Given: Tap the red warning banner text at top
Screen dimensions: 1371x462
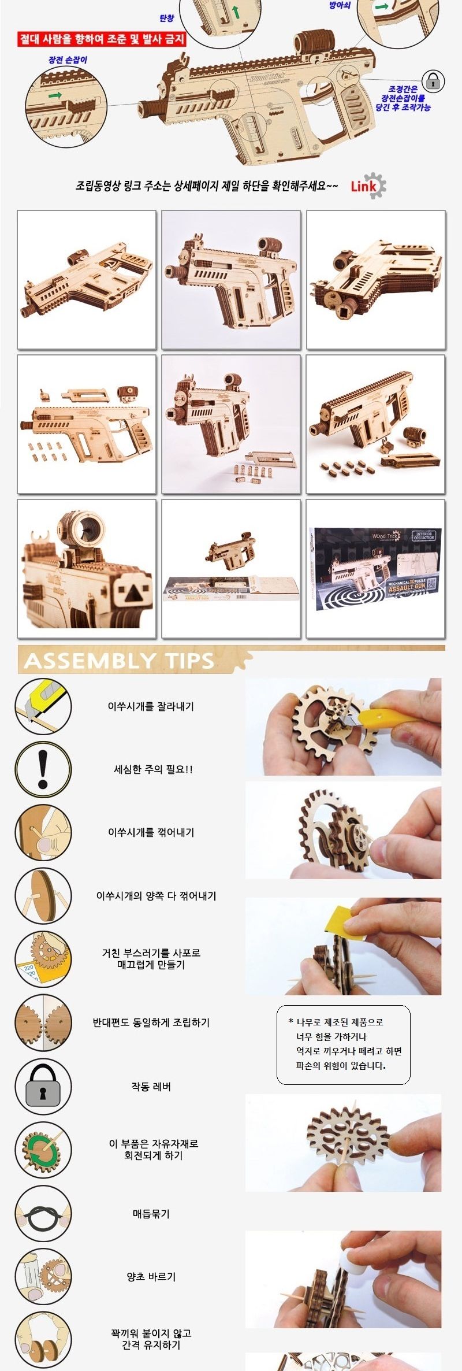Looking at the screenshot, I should point(102,39).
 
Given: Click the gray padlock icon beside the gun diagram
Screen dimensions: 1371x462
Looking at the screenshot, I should point(433,81).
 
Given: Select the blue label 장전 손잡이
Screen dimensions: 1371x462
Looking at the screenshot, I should point(68,60).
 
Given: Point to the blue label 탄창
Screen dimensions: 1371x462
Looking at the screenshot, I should point(166,18).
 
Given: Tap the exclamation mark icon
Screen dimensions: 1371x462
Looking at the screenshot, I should point(43,769).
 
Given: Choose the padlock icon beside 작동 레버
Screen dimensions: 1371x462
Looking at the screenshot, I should point(43,1086).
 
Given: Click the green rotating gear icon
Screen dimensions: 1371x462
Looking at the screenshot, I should point(43,1150).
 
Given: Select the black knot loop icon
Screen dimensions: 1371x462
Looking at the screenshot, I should point(43,1213).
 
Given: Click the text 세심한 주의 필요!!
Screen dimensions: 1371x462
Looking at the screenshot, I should point(153,769).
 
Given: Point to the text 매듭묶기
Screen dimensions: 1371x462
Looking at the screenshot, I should point(151,1214).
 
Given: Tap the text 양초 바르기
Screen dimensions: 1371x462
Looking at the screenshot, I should point(151,1277).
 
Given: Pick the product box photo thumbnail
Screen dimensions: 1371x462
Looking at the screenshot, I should point(375,569).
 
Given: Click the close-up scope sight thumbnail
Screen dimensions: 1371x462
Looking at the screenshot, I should point(87,569).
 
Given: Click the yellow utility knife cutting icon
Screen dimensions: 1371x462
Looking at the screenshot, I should point(43,706).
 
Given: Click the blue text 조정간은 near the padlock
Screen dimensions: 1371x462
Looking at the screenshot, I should point(403,89).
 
